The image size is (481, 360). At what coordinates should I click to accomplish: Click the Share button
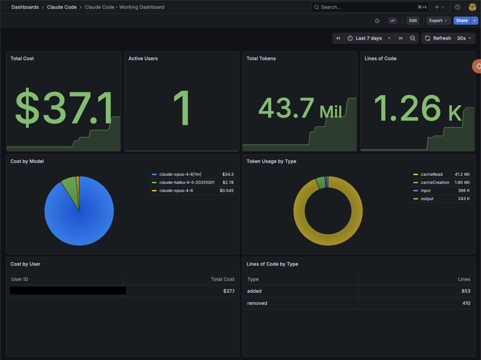coord(462,20)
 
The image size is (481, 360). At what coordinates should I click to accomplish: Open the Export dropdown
coord(438,20)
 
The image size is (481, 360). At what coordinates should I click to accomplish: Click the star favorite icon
coord(377,21)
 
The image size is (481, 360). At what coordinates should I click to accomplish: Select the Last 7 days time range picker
coord(370,38)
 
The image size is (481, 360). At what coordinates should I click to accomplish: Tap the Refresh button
coord(438,38)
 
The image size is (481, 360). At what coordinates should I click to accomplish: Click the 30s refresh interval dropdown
coord(464,38)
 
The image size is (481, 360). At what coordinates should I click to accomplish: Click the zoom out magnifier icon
coord(412,38)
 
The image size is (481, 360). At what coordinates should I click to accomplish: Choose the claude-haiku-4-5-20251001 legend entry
coord(187,183)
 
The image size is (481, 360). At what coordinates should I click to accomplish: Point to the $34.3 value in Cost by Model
coord(228,175)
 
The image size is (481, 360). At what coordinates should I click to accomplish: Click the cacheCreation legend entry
coord(435,183)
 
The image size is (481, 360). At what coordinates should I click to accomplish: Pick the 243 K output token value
coord(464,199)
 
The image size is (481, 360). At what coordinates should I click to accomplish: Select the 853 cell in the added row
coord(466,291)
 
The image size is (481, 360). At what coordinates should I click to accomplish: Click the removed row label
coord(257,303)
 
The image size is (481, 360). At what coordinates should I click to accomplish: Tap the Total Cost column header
coord(222,279)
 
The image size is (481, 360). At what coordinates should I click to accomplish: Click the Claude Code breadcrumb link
coord(62,7)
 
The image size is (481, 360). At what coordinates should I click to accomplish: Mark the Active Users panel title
coord(143,58)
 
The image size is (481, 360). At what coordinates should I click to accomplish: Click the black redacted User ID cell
coord(68,291)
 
